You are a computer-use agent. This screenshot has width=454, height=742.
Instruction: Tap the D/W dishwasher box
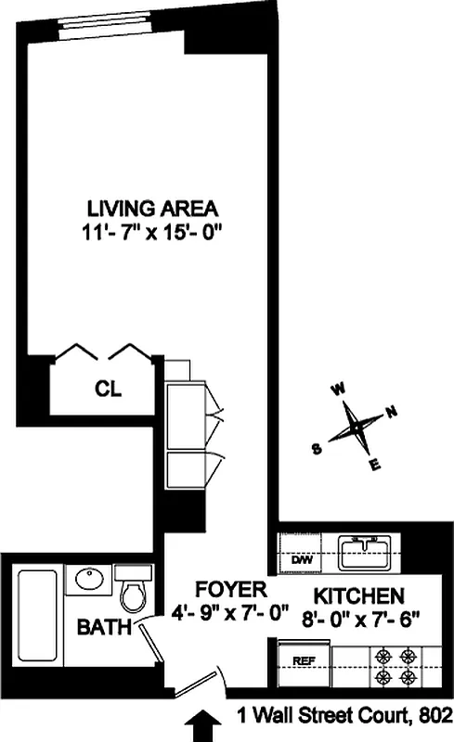(302, 560)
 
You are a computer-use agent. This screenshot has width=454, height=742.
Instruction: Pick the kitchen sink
(367, 555)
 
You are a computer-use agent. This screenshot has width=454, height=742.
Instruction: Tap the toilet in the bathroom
(134, 590)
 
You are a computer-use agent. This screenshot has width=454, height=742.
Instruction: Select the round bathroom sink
(90, 579)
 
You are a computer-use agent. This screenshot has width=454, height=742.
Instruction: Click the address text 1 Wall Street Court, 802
(343, 716)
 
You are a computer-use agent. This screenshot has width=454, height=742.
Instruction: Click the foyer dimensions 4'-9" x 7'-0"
(231, 612)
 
